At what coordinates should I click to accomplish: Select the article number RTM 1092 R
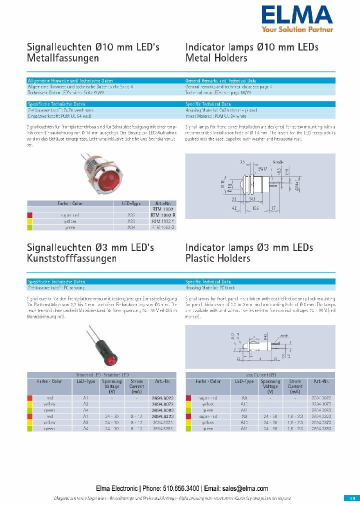coord(163,215)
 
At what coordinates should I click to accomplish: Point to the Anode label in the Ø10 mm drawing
coord(279,162)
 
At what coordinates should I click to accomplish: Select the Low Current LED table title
coord(260,375)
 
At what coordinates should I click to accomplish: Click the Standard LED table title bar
coord(101,375)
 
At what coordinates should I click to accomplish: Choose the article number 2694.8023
coord(163,398)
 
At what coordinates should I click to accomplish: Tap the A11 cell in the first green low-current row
coord(244,409)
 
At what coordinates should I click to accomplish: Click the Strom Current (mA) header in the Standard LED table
coord(136,386)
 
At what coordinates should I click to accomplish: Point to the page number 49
coord(351,498)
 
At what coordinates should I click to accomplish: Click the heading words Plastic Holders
coord(217,258)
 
